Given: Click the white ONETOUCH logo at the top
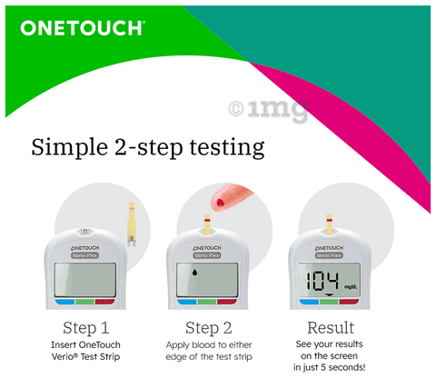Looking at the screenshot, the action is [x=83, y=28].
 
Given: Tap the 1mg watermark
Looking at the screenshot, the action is [x=269, y=110].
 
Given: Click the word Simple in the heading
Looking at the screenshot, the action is [x=70, y=148].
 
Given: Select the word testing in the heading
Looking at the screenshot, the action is [x=227, y=148].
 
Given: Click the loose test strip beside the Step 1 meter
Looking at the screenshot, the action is [x=132, y=224].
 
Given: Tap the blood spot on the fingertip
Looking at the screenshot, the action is [x=221, y=202].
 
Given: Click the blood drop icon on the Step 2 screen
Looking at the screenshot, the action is [x=195, y=273].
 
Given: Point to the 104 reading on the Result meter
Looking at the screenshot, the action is [x=322, y=281].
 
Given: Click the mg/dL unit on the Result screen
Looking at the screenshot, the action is [x=351, y=286].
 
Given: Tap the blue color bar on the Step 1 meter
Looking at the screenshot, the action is [x=64, y=302].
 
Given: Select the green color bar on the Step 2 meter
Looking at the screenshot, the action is [x=207, y=302].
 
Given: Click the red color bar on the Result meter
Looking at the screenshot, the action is [x=349, y=302].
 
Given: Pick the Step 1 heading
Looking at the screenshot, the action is [x=86, y=328].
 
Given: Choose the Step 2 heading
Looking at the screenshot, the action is [x=209, y=328].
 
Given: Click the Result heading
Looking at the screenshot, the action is [x=331, y=328].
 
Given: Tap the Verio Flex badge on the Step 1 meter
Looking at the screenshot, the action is [x=85, y=255].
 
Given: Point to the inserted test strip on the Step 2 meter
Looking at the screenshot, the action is [x=207, y=224].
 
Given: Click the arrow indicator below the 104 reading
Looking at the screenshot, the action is [x=330, y=295].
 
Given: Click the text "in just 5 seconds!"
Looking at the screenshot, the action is [x=330, y=367].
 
